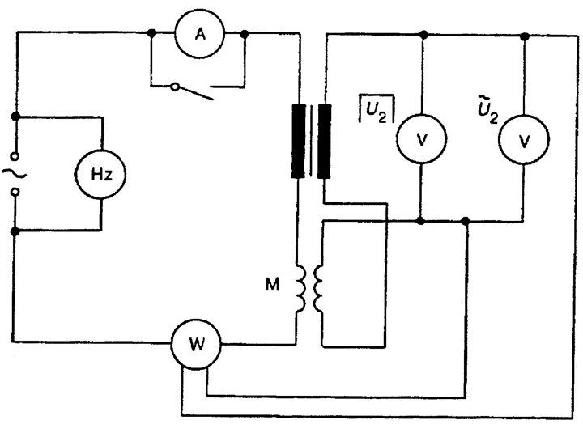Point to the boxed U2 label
click(x=377, y=109)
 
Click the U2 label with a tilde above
click(x=487, y=110)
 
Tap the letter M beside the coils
click(x=273, y=284)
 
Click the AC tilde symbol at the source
click(x=14, y=173)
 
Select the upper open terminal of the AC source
click(x=15, y=156)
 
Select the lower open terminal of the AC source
click(x=15, y=192)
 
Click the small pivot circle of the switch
click(x=175, y=87)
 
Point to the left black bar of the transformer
click(x=299, y=141)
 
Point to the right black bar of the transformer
click(x=324, y=141)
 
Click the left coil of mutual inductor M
click(x=300, y=288)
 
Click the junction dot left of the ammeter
click(x=151, y=33)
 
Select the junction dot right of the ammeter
click(x=245, y=34)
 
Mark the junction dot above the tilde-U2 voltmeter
click(x=525, y=36)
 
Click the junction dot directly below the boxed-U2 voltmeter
click(x=420, y=221)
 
